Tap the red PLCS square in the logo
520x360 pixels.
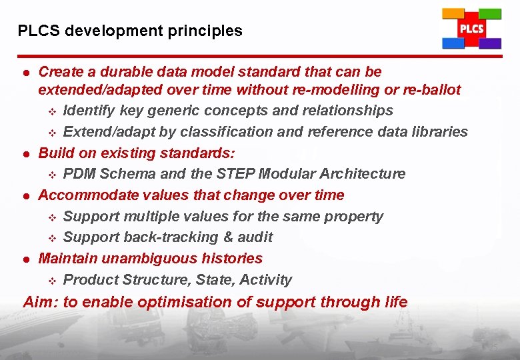[x=471, y=29]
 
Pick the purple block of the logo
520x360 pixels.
[x=490, y=43]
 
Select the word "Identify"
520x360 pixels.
[x=89, y=111]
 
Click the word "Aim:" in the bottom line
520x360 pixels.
[x=41, y=302]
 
